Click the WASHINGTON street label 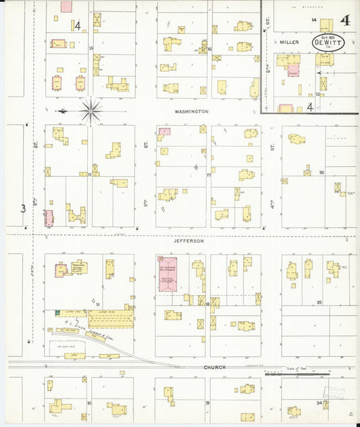[x=191, y=111]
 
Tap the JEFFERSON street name [x=188, y=241]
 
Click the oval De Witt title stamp [x=328, y=42]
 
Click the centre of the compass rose [x=91, y=109]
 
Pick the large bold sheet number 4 [x=345, y=20]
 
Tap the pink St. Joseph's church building [x=167, y=274]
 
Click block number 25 [x=319, y=303]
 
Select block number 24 [x=319, y=403]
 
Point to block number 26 [x=322, y=172]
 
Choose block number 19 [x=207, y=403]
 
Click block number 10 [x=89, y=403]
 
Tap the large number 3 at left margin [x=23, y=208]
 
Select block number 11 [x=98, y=305]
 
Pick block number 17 [x=209, y=175]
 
